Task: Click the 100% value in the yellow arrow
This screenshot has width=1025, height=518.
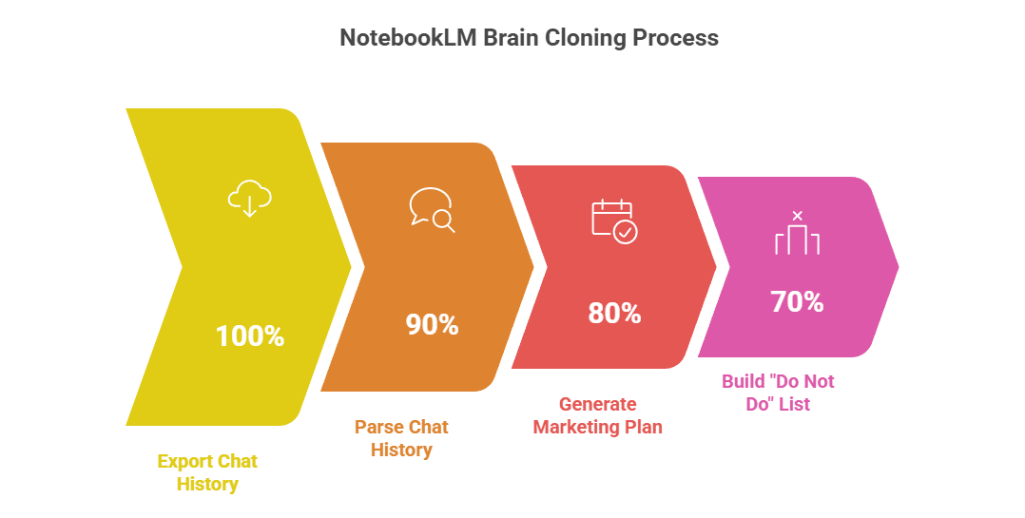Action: pyautogui.click(x=249, y=336)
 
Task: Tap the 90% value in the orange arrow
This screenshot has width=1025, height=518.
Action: pyautogui.click(x=432, y=325)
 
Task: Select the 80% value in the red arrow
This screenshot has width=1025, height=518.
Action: pyautogui.click(x=614, y=313)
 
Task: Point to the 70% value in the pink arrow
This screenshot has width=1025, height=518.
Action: pyautogui.click(x=797, y=302)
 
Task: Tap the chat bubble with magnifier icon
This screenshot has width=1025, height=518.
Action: pyautogui.click(x=432, y=210)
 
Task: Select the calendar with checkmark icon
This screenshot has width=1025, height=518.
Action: pyautogui.click(x=614, y=221)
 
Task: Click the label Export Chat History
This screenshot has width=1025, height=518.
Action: pyautogui.click(x=207, y=472)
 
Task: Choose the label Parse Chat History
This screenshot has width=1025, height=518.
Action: pyautogui.click(x=400, y=438)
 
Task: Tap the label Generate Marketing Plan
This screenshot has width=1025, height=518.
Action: pyautogui.click(x=597, y=415)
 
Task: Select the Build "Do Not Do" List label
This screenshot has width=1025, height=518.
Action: pyautogui.click(x=777, y=393)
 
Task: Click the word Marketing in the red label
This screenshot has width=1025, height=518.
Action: pyautogui.click(x=576, y=427)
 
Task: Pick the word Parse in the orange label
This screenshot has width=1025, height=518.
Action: pyautogui.click(x=377, y=427)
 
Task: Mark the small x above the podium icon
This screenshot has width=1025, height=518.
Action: pyautogui.click(x=797, y=216)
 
